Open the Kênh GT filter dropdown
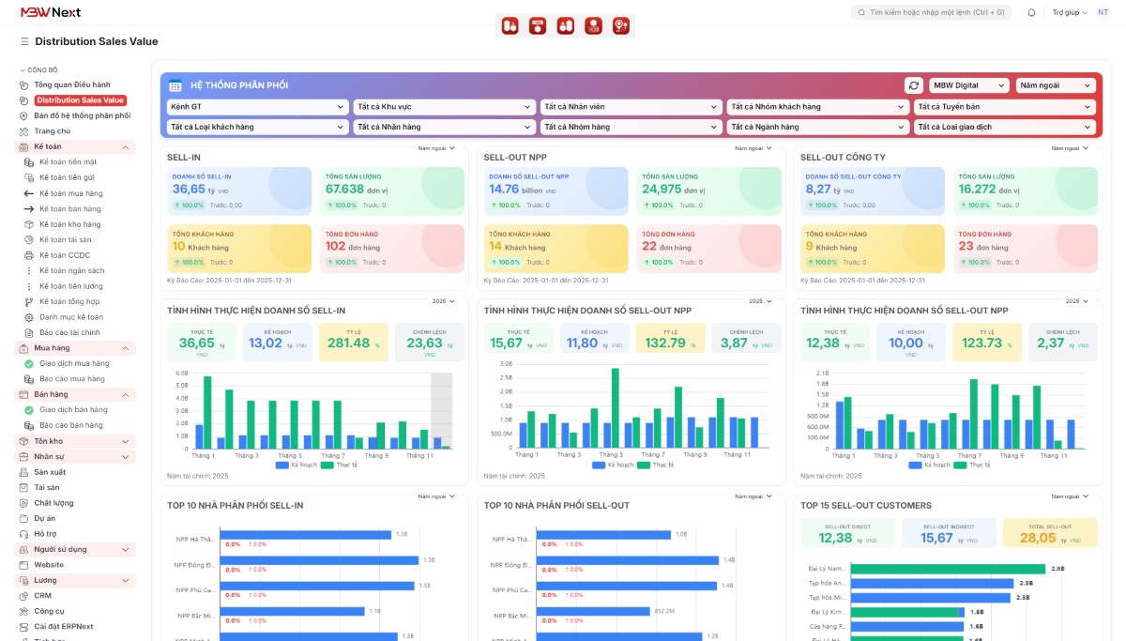tap(257, 107)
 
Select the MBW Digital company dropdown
tap(969, 85)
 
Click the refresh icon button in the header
tap(913, 85)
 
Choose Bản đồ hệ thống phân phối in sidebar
tap(82, 115)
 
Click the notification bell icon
tap(1032, 12)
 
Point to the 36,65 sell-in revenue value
tap(189, 189)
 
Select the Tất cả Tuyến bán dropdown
tap(1004, 107)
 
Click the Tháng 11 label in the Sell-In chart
tap(419, 455)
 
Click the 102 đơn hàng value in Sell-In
tap(336, 247)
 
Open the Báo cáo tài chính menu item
tap(69, 332)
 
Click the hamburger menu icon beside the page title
tap(24, 41)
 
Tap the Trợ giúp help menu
tap(1069, 12)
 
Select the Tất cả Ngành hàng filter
tap(817, 127)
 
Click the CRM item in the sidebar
tap(42, 595)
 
